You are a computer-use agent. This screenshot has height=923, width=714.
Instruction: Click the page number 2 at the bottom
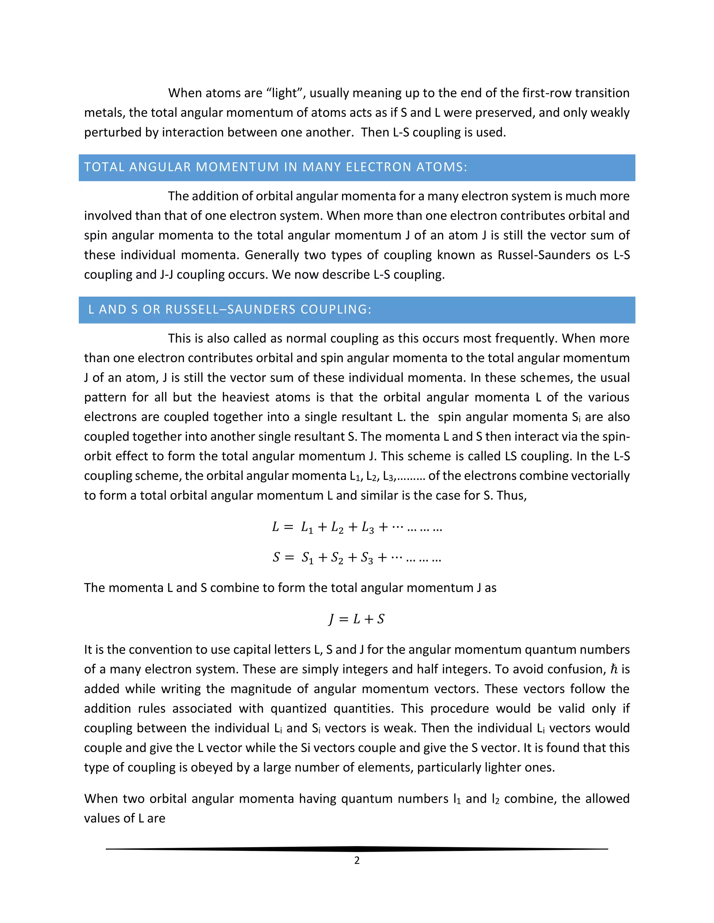357,860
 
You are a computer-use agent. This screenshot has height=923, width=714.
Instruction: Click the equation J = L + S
357,619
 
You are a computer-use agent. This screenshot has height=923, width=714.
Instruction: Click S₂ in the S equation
337,558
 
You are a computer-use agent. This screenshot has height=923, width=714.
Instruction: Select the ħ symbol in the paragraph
614,669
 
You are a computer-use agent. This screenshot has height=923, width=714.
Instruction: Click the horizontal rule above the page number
357,848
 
